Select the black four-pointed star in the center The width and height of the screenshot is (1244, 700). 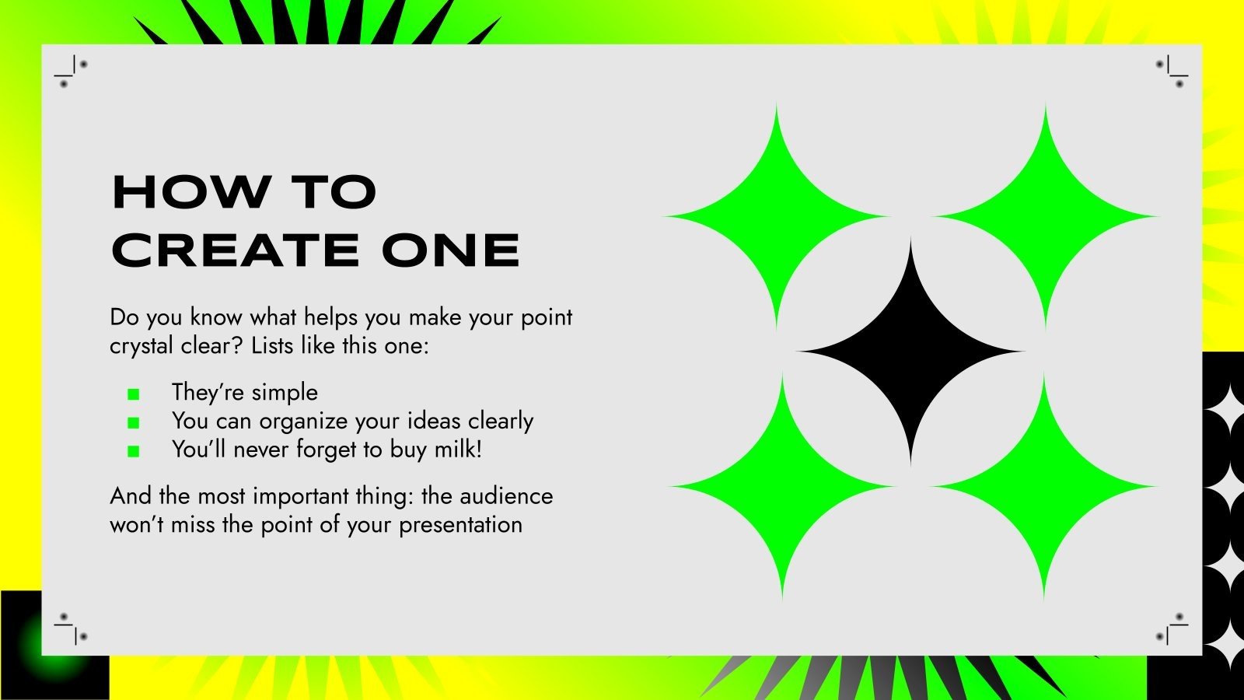[910, 352]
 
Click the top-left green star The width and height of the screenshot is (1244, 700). [776, 216]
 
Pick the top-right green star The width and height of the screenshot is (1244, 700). [1045, 216]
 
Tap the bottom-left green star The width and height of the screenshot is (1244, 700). [782, 487]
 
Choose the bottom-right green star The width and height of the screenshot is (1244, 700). [1045, 487]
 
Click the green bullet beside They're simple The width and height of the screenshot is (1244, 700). [134, 394]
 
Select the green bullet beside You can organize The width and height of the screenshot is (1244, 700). [134, 422]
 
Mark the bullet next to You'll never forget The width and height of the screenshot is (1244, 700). [134, 450]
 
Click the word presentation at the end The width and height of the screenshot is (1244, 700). [460, 525]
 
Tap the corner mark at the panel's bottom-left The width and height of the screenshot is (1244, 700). [71, 628]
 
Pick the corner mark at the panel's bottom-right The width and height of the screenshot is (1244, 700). [1172, 628]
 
